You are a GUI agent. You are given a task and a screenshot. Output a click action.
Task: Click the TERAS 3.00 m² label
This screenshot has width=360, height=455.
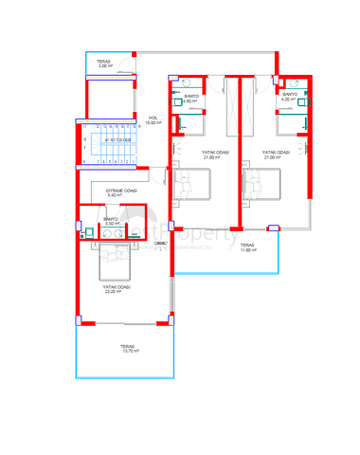click(104, 64)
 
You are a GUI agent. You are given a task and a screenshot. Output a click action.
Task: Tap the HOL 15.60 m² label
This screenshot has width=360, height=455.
click(152, 120)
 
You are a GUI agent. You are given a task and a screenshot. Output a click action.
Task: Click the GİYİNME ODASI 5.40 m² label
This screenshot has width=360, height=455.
click(122, 193)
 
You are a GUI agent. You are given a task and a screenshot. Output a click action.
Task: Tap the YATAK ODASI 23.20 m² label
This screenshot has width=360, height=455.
click(117, 286)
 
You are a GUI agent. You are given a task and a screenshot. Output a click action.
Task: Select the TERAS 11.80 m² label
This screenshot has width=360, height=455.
click(248, 248)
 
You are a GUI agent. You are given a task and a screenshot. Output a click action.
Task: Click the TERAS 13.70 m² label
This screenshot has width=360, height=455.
click(121, 349)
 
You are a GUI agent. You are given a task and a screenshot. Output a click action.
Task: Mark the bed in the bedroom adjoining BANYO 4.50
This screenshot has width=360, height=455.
click(195, 182)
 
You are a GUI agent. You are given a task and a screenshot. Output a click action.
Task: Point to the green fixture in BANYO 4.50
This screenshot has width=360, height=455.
click(180, 106)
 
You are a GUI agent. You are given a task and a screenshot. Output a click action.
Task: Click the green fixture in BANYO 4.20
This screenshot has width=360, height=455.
click(301, 106)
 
